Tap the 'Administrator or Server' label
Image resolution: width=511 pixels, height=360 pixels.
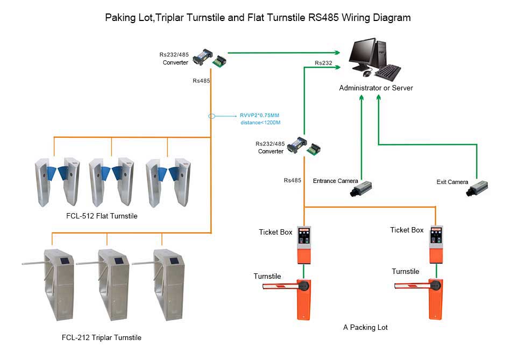[376, 88]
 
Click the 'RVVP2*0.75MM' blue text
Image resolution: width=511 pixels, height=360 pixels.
[260, 115]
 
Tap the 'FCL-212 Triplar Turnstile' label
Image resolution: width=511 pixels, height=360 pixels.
[102, 338]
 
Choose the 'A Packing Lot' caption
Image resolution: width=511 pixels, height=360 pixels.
[365, 327]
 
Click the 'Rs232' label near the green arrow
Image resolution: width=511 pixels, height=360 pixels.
[323, 63]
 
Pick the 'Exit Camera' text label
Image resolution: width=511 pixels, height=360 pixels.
[452, 182]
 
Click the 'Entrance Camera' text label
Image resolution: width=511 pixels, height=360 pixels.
[336, 181]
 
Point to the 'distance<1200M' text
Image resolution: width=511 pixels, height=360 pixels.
[261, 123]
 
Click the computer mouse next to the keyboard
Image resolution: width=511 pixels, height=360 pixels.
[367, 73]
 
